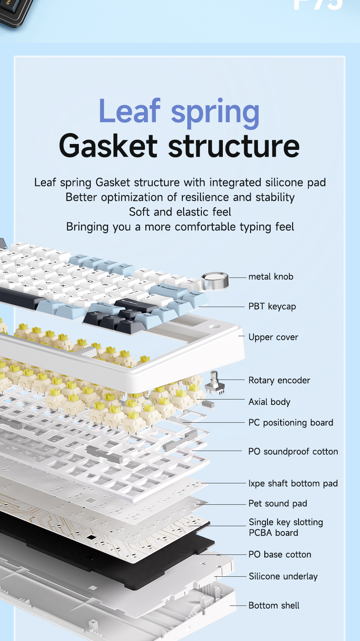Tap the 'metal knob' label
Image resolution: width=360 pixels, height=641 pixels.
tap(271, 277)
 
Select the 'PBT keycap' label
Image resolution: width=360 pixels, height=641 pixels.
tap(272, 307)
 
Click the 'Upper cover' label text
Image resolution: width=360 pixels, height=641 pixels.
tap(273, 337)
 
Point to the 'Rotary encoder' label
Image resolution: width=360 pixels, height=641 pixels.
tap(279, 380)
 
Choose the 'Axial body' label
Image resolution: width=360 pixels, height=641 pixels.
tap(269, 402)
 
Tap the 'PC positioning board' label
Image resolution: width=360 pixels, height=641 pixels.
tap(291, 423)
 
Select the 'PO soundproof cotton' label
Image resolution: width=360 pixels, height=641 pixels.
tap(293, 451)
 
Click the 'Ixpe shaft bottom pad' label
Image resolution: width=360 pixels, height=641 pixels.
tap(293, 483)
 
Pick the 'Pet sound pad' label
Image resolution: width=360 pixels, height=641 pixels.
tap(278, 503)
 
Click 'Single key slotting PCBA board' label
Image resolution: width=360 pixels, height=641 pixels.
tap(286, 528)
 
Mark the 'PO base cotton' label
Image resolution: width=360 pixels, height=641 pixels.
tap(280, 554)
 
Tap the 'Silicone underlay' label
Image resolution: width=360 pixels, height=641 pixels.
tap(283, 576)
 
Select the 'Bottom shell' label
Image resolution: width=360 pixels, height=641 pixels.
tap(274, 605)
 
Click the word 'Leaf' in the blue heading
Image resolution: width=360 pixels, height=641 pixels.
tap(129, 111)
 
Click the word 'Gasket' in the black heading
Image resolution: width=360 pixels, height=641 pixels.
tap(109, 145)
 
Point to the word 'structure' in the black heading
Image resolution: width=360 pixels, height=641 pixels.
tap(234, 145)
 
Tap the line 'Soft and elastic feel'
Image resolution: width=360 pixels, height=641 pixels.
tap(180, 212)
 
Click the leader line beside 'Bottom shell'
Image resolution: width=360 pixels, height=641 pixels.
tap(238, 605)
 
